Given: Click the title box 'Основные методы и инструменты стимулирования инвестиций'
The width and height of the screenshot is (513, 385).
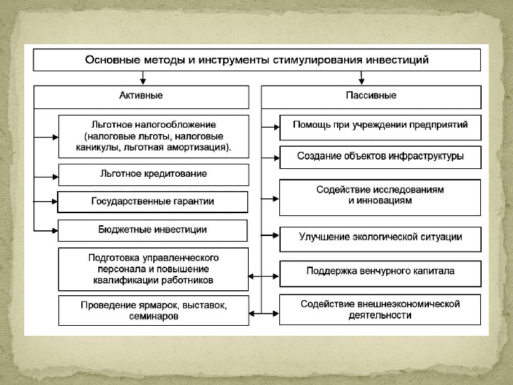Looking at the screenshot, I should coord(256,60).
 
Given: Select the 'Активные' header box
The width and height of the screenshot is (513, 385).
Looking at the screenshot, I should coord(141,96).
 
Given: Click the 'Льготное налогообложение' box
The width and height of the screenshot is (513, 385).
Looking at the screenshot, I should coord(153,135).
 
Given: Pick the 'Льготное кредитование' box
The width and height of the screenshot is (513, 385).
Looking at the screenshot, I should coord(153,174).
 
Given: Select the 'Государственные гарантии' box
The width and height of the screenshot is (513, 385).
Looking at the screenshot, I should coord(153,201).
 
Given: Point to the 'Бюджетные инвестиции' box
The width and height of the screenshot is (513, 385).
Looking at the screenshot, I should coord(153,230).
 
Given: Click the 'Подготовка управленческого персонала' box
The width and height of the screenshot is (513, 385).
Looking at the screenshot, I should coord(153,268).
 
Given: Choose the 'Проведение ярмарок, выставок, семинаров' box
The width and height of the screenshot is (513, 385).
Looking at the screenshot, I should coord(153,311).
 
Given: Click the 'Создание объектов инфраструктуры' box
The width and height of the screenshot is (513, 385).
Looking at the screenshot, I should coord(380,156).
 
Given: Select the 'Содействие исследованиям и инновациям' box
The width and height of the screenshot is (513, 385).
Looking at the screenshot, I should coord(380,195).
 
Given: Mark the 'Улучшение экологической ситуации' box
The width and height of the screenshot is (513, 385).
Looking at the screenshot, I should coord(380,237).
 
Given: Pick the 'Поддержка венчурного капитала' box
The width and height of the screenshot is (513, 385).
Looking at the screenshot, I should coord(380,272).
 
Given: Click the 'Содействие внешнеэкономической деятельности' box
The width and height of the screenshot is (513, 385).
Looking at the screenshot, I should coord(380,309).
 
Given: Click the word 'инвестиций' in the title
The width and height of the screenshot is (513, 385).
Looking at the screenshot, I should coord(397,60).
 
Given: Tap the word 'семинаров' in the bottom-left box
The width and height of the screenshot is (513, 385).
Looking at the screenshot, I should coord(153,317).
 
